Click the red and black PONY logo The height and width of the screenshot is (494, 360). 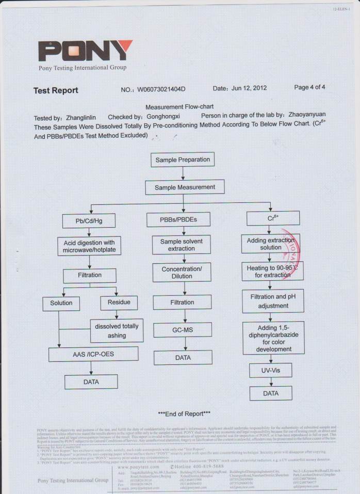click(x=85, y=51)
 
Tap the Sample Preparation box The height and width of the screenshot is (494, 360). click(x=183, y=160)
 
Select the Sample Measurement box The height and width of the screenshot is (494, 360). click(x=185, y=187)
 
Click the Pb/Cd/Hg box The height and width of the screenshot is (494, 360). click(x=89, y=221)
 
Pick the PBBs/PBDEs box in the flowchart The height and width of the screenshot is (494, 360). click(x=178, y=220)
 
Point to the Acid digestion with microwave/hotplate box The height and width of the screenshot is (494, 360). click(x=89, y=246)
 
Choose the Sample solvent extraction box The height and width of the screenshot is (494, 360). click(x=182, y=245)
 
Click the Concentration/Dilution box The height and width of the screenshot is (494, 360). click(x=182, y=273)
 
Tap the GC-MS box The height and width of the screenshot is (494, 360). click(x=183, y=330)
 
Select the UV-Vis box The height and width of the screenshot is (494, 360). click(x=271, y=370)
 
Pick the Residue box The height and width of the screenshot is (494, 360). click(x=119, y=302)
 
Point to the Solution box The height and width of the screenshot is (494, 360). click(x=61, y=303)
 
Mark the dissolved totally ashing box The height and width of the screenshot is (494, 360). click(x=117, y=331)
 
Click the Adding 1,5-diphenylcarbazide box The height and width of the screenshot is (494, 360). click(x=273, y=338)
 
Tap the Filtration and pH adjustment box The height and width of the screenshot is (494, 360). click(x=273, y=301)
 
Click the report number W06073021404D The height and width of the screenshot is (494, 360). click(x=161, y=89)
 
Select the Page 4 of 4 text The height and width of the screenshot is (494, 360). click(x=309, y=87)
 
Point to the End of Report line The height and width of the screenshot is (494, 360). click(x=184, y=413)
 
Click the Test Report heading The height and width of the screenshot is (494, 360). click(x=56, y=90)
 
